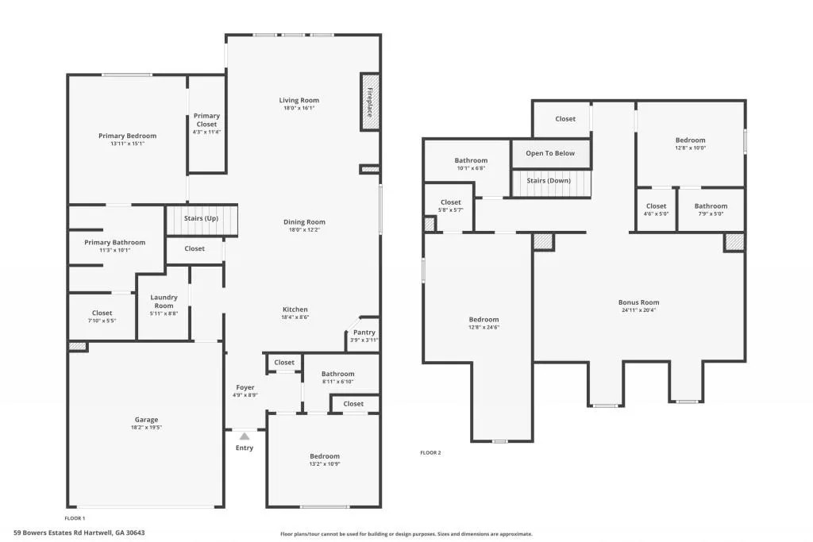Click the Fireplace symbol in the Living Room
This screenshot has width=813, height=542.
tap(370, 102)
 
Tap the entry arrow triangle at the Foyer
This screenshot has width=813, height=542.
tap(245, 436)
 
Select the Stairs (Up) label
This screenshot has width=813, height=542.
tap(201, 218)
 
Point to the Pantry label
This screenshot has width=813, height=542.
tap(364, 333)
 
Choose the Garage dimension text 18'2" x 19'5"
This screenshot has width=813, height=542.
tap(146, 428)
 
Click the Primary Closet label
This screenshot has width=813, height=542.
tap(206, 120)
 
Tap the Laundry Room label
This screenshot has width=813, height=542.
tap(164, 302)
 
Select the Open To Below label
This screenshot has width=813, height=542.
tap(550, 153)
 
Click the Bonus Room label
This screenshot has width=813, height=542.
tap(638, 302)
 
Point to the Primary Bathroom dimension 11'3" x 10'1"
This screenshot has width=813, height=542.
tap(115, 251)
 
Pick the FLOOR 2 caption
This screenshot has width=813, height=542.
tap(430, 453)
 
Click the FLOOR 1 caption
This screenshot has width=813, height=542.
tap(75, 517)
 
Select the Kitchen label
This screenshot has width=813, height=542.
tap(295, 309)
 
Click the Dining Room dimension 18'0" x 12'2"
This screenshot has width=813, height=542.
tap(305, 230)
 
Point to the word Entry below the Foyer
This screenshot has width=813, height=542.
tap(245, 449)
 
